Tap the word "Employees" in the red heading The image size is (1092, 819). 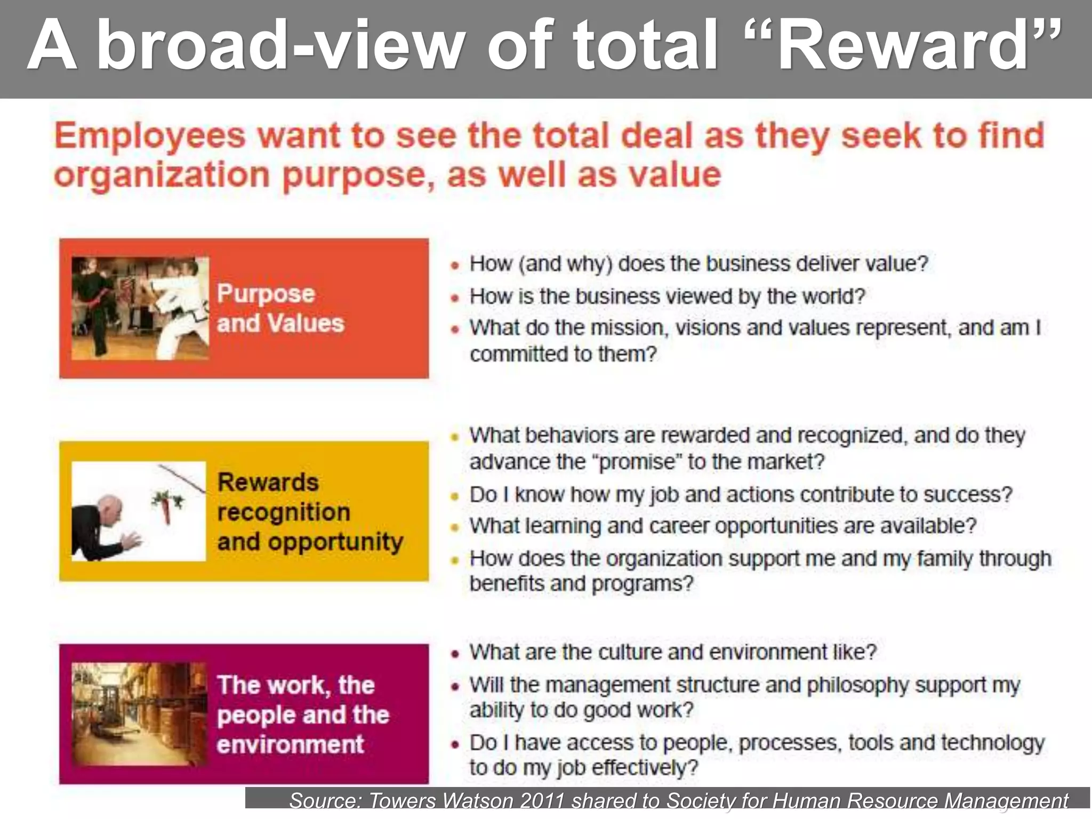(150, 136)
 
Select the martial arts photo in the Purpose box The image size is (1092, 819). (140, 308)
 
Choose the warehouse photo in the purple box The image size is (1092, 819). (139, 714)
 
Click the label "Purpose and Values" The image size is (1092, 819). (280, 308)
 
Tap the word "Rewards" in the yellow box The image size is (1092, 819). (268, 483)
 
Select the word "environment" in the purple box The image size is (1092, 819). (291, 744)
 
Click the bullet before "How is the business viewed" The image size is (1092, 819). (454, 298)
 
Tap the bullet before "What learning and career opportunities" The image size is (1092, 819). (454, 528)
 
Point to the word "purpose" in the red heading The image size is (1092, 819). (354, 176)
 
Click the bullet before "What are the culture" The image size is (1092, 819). (454, 654)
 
